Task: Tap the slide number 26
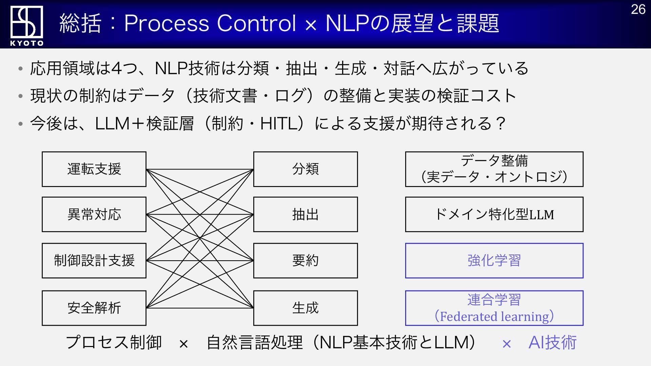tap(638, 9)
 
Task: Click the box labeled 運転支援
tap(94, 169)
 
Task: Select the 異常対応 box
tap(94, 214)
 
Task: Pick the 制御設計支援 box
tap(94, 260)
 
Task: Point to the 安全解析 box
tap(94, 308)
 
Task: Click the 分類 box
tap(305, 169)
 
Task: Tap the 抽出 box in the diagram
tap(305, 214)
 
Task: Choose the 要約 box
tap(305, 260)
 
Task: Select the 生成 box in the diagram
tap(305, 308)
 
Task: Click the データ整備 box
tap(494, 169)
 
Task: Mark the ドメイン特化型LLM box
tap(494, 214)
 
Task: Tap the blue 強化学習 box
tap(494, 260)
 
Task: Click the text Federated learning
tap(494, 317)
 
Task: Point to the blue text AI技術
tap(552, 342)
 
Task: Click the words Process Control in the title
tap(210, 23)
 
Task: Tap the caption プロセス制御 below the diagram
tap(114, 342)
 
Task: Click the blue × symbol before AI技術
tap(507, 344)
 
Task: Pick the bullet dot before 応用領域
tap(21, 69)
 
